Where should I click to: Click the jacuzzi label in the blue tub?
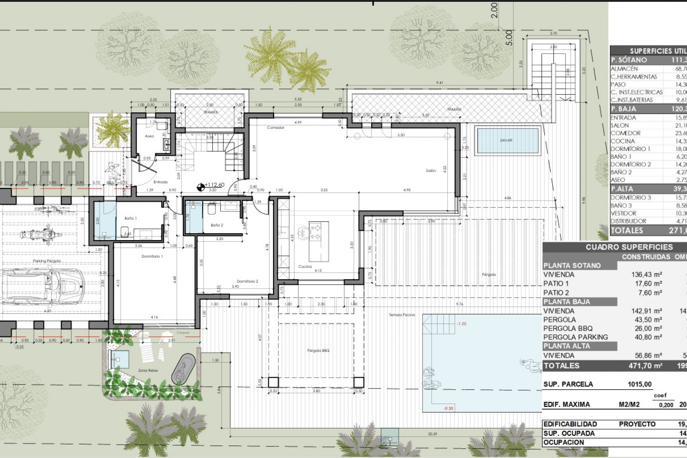tap(506, 140)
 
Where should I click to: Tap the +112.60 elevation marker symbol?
tap(201, 186)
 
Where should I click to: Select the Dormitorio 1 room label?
tap(152, 256)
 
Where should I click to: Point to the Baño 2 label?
tap(217, 225)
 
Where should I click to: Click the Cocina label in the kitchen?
tap(305, 267)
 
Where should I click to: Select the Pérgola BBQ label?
tap(318, 351)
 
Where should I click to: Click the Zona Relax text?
tap(148, 371)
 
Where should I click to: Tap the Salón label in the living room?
tap(431, 171)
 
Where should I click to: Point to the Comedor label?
tap(276, 128)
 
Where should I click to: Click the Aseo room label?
tap(149, 136)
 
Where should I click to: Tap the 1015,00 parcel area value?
tap(639, 384)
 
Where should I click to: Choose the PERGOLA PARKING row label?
tap(575, 337)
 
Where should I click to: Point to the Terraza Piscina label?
tap(402, 315)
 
